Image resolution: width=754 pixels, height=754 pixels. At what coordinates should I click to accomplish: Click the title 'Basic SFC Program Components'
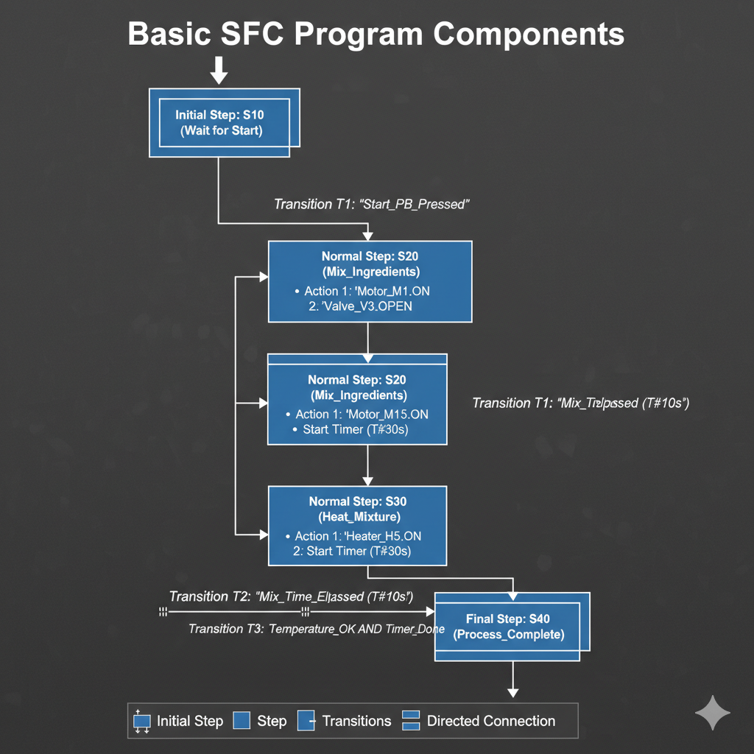coord(376,35)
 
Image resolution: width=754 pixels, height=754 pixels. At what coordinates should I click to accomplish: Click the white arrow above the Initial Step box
coord(219,70)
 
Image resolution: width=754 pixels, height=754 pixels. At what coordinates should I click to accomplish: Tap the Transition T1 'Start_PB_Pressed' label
coord(372,204)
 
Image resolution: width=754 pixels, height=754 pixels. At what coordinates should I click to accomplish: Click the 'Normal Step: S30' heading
coord(357,501)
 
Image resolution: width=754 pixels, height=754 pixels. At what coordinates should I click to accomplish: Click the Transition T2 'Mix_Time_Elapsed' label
coord(291,596)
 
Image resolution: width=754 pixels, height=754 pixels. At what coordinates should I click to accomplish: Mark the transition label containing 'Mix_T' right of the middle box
coord(580,403)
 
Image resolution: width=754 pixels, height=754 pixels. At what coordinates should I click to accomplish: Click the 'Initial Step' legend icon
coord(142,722)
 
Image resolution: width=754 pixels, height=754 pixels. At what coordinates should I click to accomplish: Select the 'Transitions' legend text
coord(356,721)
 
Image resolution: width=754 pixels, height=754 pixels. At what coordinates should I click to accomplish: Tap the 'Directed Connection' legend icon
coord(410,721)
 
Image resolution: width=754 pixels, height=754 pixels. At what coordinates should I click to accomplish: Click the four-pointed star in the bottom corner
coord(713,713)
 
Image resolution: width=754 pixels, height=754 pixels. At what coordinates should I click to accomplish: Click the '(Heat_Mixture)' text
coord(357,518)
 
